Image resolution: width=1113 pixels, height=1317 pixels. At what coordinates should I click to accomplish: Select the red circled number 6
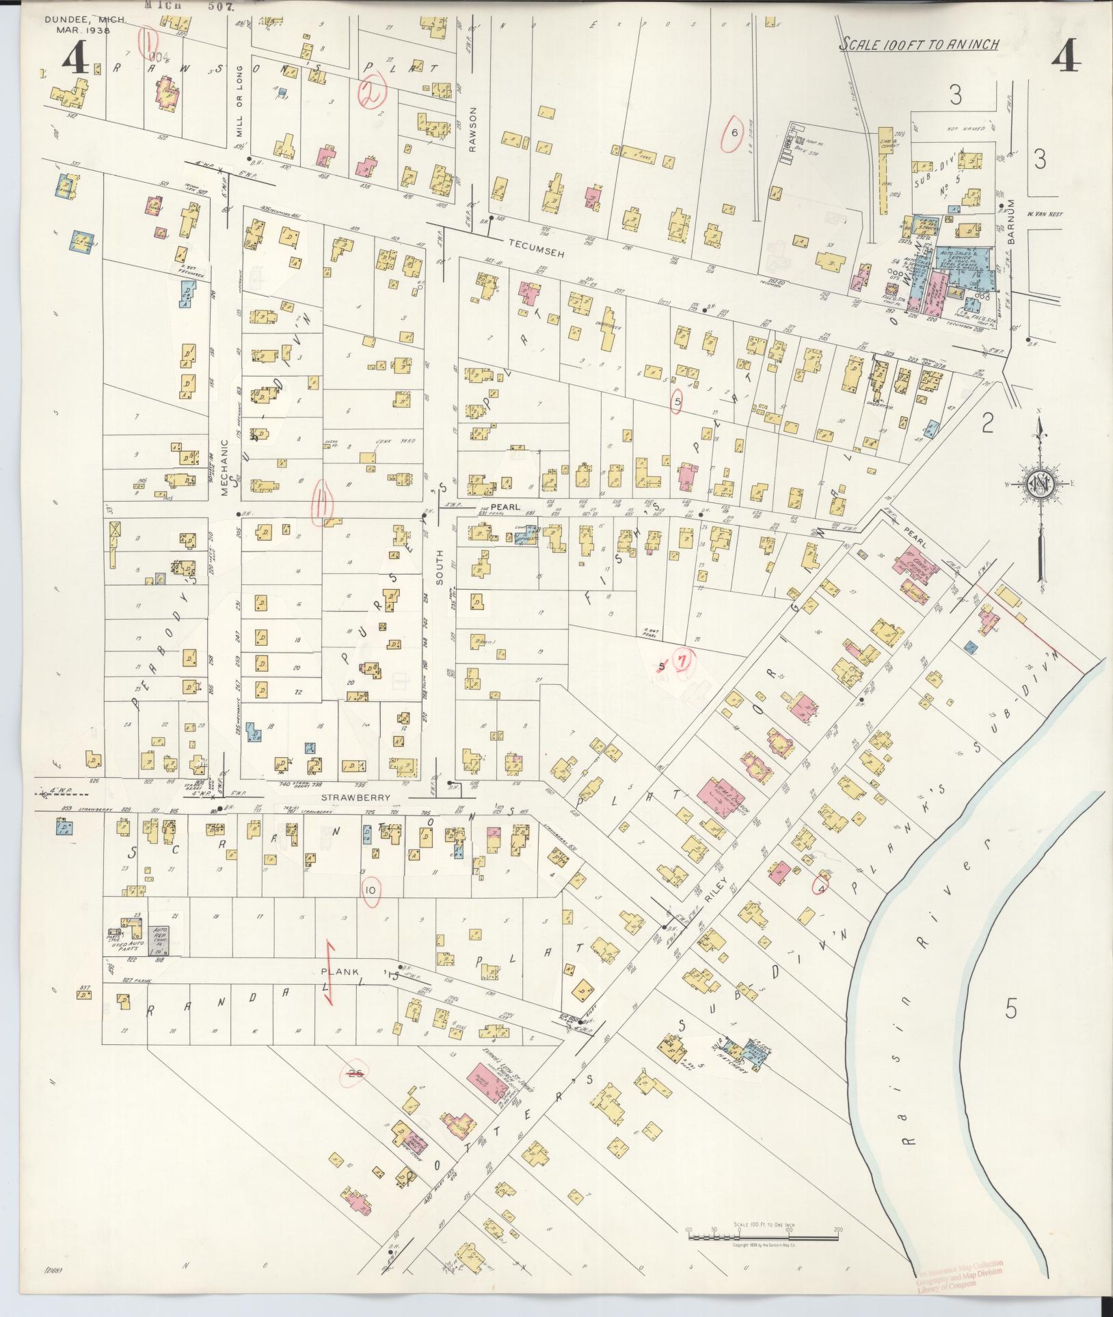pyautogui.click(x=734, y=133)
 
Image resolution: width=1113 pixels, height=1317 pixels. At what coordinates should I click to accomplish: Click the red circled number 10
pyautogui.click(x=370, y=891)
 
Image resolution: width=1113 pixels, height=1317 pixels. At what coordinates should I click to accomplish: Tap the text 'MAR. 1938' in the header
pyautogui.click(x=78, y=31)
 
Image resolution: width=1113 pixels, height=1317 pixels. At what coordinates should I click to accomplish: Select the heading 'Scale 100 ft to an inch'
pyautogui.click(x=920, y=44)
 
